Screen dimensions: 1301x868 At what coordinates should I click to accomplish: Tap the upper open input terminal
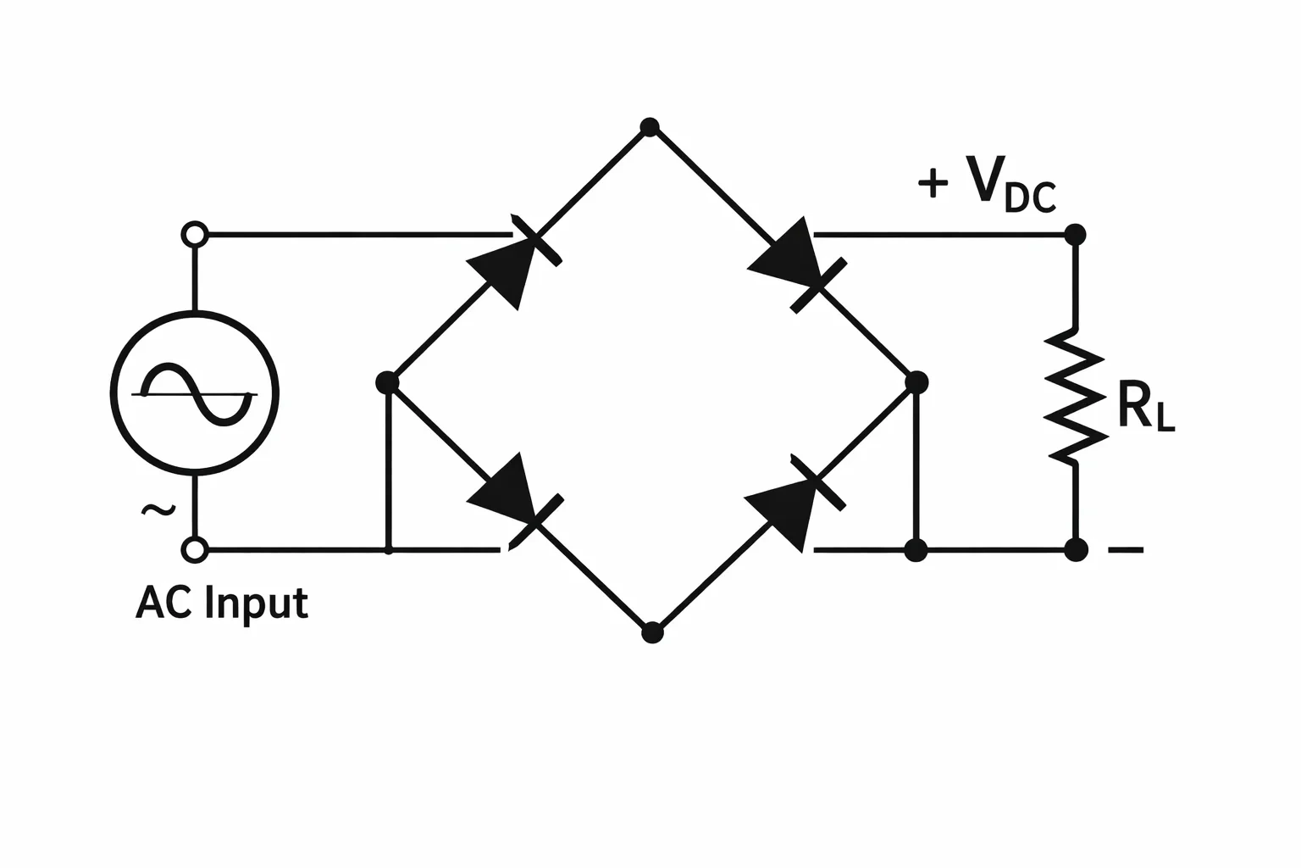pyautogui.click(x=195, y=235)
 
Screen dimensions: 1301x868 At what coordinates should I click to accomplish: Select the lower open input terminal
pyautogui.click(x=195, y=549)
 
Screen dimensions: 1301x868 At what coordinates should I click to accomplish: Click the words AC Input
pyautogui.click(x=222, y=604)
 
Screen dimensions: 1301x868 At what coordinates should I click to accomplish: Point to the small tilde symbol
pyautogui.click(x=158, y=510)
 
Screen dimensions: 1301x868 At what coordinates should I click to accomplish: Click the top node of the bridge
pyautogui.click(x=650, y=127)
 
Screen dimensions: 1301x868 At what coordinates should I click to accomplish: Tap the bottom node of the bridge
pyautogui.click(x=652, y=632)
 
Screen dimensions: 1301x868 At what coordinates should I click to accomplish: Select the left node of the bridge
pyautogui.click(x=387, y=382)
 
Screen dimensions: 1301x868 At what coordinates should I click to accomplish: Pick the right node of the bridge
pyautogui.click(x=916, y=382)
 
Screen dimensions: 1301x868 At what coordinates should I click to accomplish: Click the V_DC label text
pyautogui.click(x=1011, y=184)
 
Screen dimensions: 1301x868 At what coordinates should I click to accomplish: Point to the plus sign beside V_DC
pyautogui.click(x=933, y=182)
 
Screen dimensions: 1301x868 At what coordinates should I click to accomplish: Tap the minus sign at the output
pyautogui.click(x=1127, y=549)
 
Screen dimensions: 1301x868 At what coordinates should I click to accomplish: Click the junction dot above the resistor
pyautogui.click(x=1075, y=235)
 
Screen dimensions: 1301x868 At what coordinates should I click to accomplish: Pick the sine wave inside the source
pyautogui.click(x=197, y=394)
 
